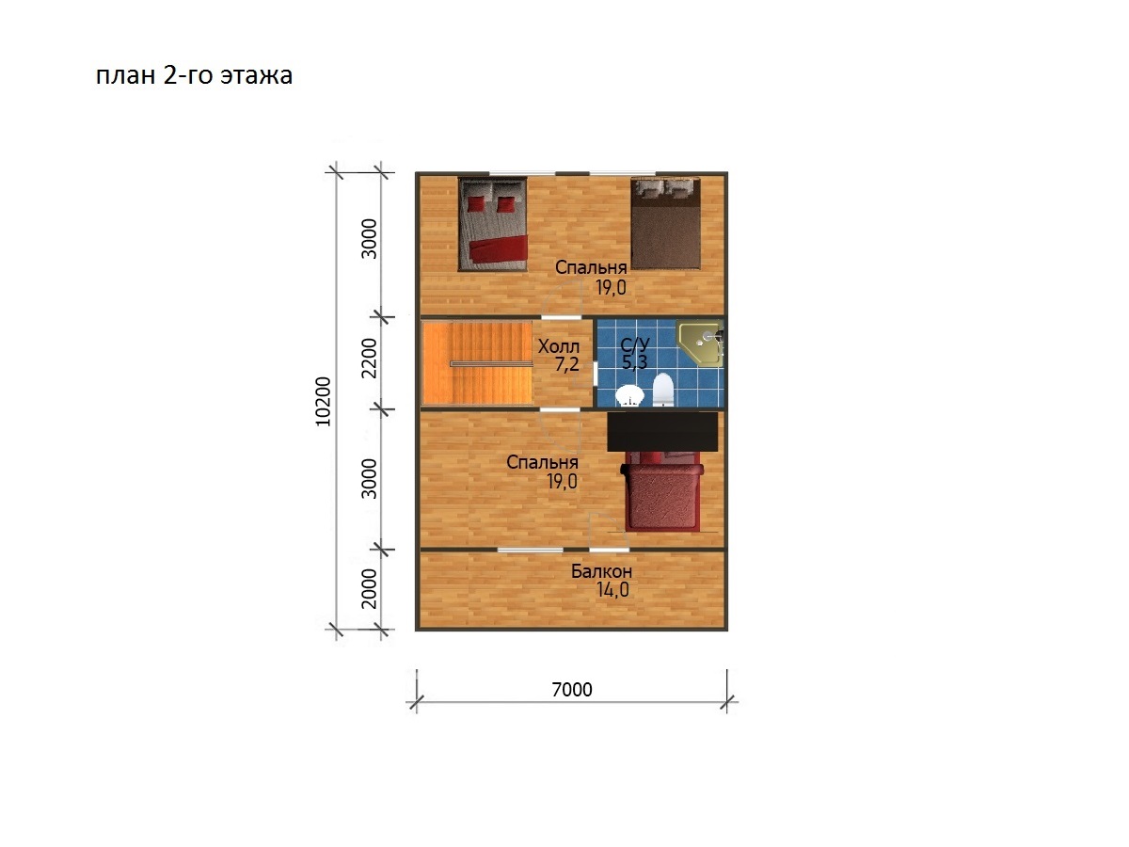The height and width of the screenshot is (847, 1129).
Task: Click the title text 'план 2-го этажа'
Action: point(194,75)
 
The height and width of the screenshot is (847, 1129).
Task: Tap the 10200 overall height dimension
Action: point(323,402)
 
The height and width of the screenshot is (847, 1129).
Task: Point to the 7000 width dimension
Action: point(571,689)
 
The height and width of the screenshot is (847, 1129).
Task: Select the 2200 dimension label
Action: point(370,358)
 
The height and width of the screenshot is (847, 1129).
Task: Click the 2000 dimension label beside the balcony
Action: point(370,589)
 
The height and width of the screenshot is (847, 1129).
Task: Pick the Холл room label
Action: point(559,346)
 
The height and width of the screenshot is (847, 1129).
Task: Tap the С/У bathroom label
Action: point(635,344)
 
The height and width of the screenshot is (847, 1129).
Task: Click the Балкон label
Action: point(601,571)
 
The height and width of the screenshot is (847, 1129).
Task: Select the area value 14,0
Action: point(612,590)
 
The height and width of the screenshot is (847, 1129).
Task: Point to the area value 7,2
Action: point(566,364)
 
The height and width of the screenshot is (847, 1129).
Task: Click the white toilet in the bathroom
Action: point(663,390)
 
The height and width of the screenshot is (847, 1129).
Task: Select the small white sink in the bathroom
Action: point(629,396)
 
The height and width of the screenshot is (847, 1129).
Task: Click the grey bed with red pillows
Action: point(493,224)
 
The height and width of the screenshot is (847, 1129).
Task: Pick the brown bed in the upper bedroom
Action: point(665,223)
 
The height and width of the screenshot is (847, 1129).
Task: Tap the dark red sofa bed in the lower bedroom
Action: point(662,491)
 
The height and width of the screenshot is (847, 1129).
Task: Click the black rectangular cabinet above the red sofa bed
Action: point(662,431)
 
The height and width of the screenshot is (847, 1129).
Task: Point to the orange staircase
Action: point(477,362)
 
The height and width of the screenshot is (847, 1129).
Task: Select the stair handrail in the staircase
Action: point(491,363)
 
